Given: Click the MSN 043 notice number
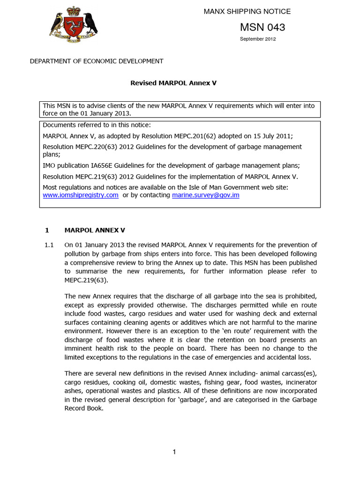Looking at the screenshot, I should (x=262, y=27).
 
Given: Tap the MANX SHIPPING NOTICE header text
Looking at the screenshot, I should (x=247, y=11).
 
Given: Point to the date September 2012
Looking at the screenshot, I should (x=258, y=39).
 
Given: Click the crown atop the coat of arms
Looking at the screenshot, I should (x=73, y=10).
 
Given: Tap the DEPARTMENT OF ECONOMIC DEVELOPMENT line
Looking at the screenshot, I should (x=97, y=61).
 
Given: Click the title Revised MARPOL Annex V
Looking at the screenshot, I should (x=173, y=83).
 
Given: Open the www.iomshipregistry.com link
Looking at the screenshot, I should (x=81, y=195).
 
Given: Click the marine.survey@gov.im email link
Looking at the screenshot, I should (x=206, y=195).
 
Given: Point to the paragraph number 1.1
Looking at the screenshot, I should (x=49, y=245).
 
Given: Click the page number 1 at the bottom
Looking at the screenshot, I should (x=174, y=452).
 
